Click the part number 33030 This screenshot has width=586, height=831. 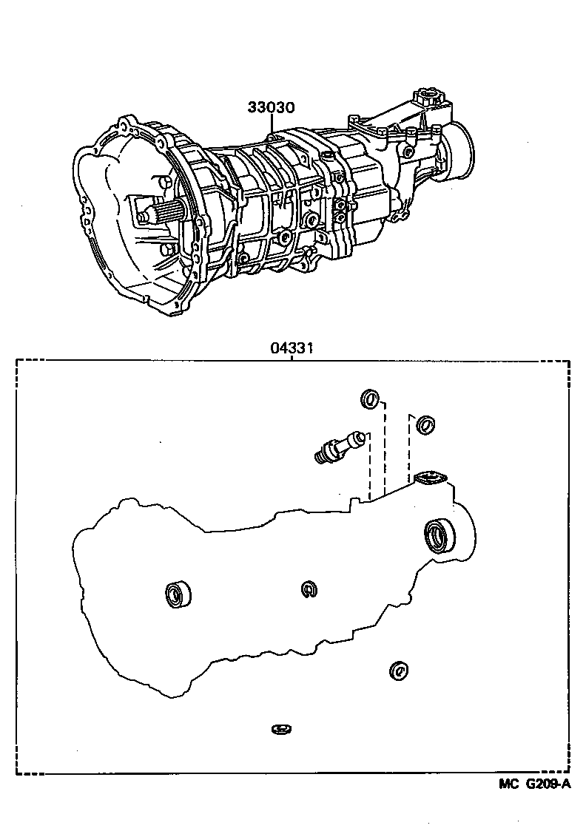pos(271,108)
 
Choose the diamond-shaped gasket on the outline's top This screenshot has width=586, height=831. pos(430,478)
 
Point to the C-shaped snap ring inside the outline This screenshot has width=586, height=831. pos(310,589)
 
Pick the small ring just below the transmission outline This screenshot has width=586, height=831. pos(398,670)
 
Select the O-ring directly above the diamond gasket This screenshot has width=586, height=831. pos(425,424)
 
